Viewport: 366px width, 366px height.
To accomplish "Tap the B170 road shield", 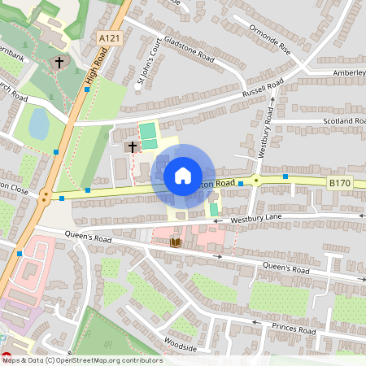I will [339, 184].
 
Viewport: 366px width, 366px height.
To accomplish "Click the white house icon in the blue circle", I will [183, 175].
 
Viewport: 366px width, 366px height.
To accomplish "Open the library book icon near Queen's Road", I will [176, 242].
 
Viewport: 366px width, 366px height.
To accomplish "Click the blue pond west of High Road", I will [38, 124].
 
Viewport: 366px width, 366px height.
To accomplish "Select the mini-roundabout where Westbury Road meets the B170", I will [255, 181].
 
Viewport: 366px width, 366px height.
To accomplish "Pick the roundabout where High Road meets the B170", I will [46, 196].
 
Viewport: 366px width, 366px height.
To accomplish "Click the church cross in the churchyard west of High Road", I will [59, 63].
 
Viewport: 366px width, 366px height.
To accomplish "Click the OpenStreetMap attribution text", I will [81, 360].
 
